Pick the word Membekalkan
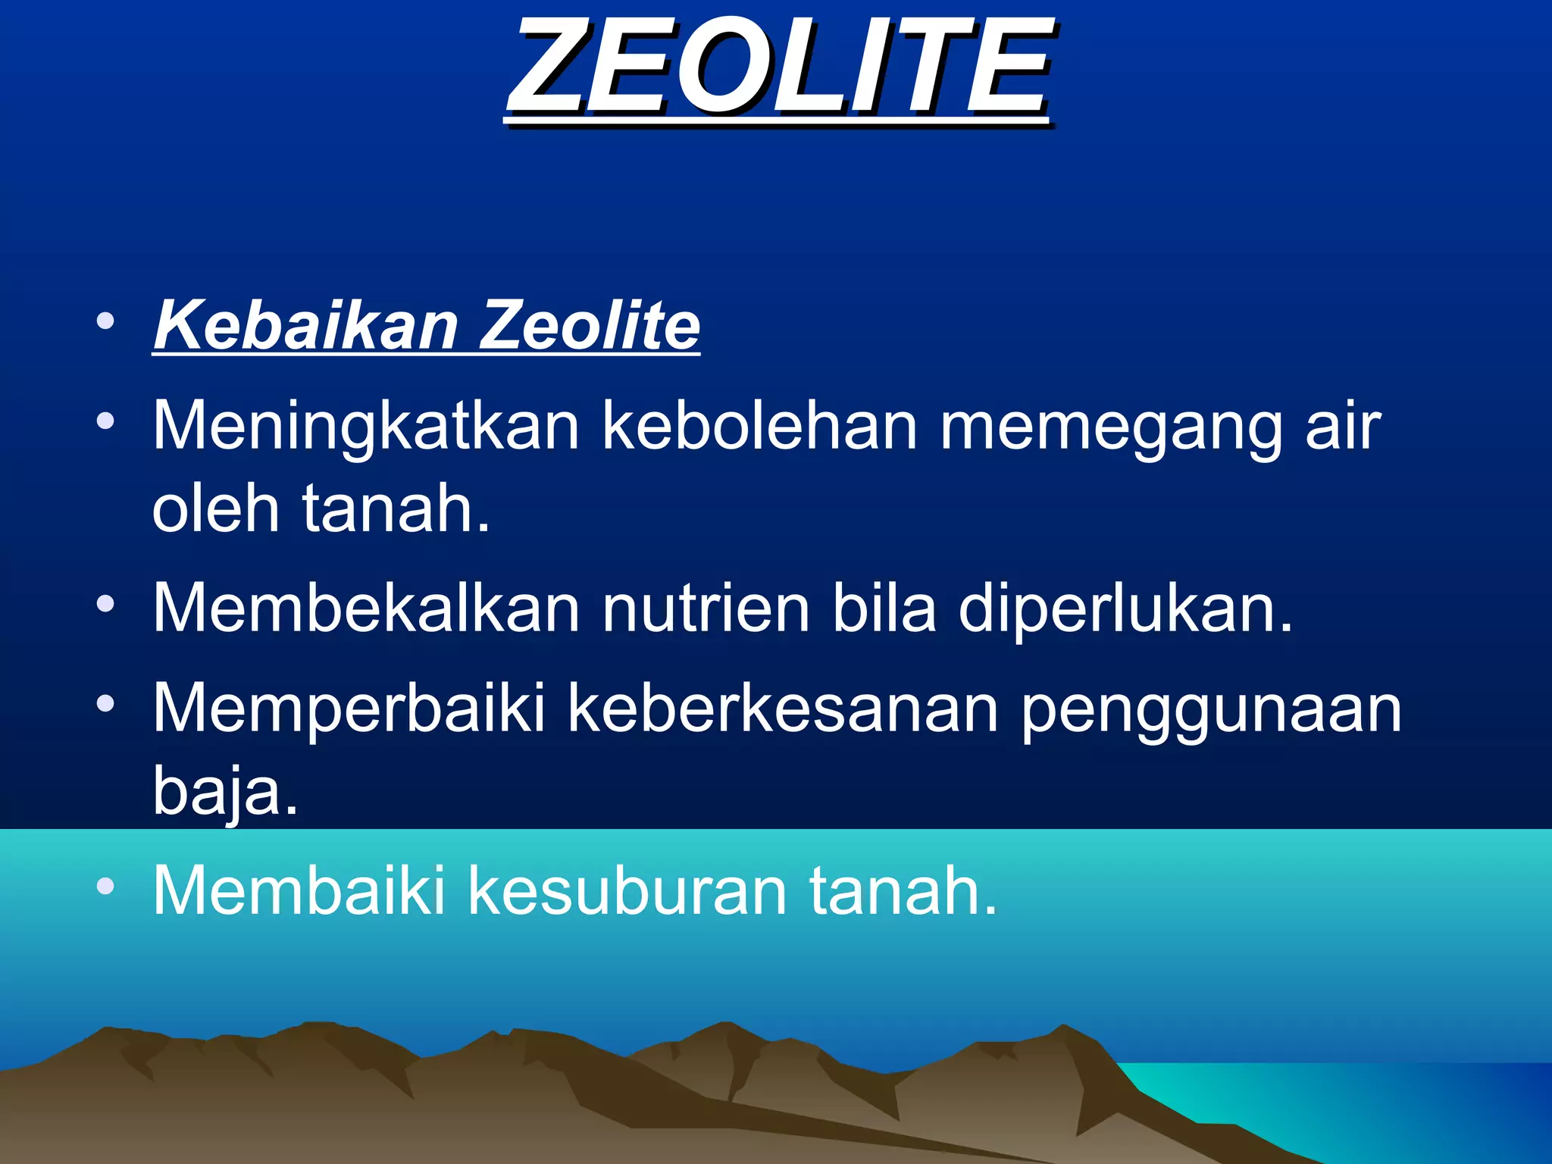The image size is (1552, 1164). [366, 608]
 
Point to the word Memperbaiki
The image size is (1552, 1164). [349, 709]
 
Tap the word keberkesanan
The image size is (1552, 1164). [783, 709]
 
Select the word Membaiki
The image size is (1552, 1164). [299, 890]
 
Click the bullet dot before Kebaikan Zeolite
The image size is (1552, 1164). [105, 321]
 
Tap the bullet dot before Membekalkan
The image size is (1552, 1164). [105, 604]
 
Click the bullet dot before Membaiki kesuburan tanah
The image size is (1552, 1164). [105, 886]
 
